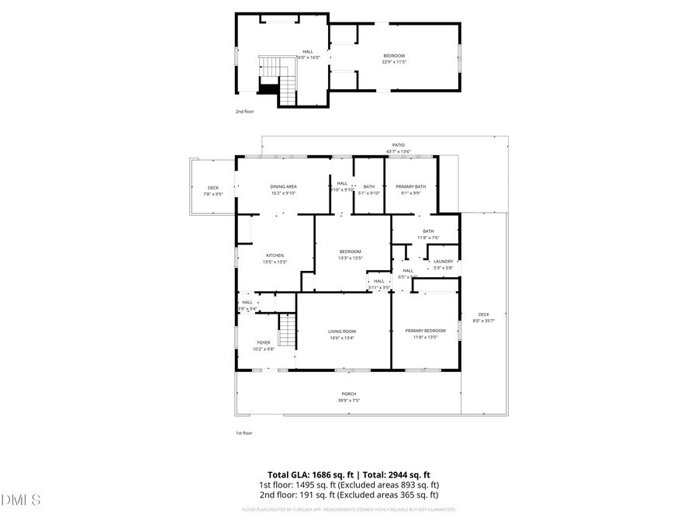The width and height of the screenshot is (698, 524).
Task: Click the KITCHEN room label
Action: (275, 255)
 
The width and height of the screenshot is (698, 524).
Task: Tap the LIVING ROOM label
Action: (342, 331)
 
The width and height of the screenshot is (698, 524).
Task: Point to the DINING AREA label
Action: (284, 186)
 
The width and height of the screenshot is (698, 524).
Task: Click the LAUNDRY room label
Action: (444, 262)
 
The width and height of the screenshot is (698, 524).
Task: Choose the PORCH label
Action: (349, 394)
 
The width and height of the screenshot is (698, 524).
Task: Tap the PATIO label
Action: (399, 145)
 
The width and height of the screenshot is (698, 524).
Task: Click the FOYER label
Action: (264, 342)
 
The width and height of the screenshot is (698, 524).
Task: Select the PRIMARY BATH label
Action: (411, 186)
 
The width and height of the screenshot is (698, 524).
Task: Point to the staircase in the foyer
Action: (288, 331)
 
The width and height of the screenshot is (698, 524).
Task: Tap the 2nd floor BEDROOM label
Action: (394, 55)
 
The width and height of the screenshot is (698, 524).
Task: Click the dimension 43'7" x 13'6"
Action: (399, 151)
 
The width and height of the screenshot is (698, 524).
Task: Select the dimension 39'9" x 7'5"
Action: (349, 401)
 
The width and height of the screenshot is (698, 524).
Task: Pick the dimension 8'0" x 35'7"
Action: (484, 321)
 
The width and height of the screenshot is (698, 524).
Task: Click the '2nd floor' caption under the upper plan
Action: (245, 111)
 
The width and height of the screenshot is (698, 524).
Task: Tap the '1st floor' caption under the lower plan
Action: (244, 432)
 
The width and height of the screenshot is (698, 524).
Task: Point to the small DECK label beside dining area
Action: (213, 187)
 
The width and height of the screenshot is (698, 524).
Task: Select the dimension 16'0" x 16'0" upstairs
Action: (308, 57)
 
